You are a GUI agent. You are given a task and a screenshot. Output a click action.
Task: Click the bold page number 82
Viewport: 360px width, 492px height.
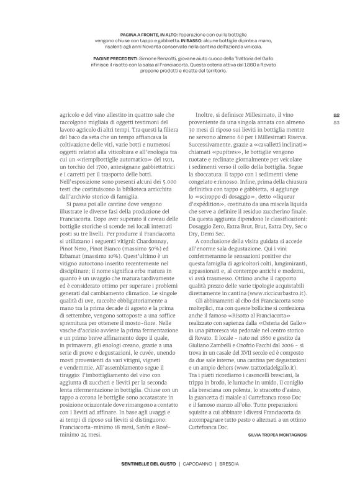pos(336,115)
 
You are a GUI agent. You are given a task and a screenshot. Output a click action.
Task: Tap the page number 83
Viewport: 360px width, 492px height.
pos(336,122)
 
